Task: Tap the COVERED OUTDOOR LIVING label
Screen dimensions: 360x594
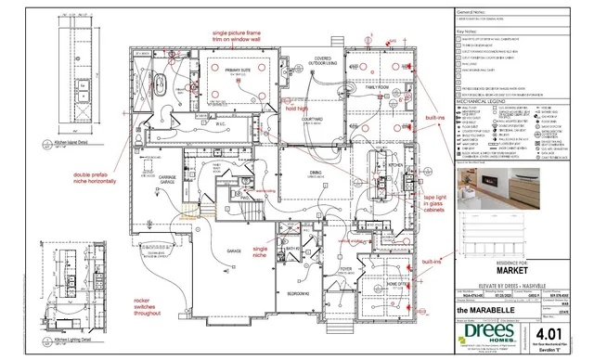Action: pyautogui.click(x=323, y=61)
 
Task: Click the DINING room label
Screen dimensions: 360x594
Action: pyautogui.click(x=317, y=173)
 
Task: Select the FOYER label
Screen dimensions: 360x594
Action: pyautogui.click(x=346, y=270)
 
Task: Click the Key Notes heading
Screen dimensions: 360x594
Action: pyautogui.click(x=466, y=31)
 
